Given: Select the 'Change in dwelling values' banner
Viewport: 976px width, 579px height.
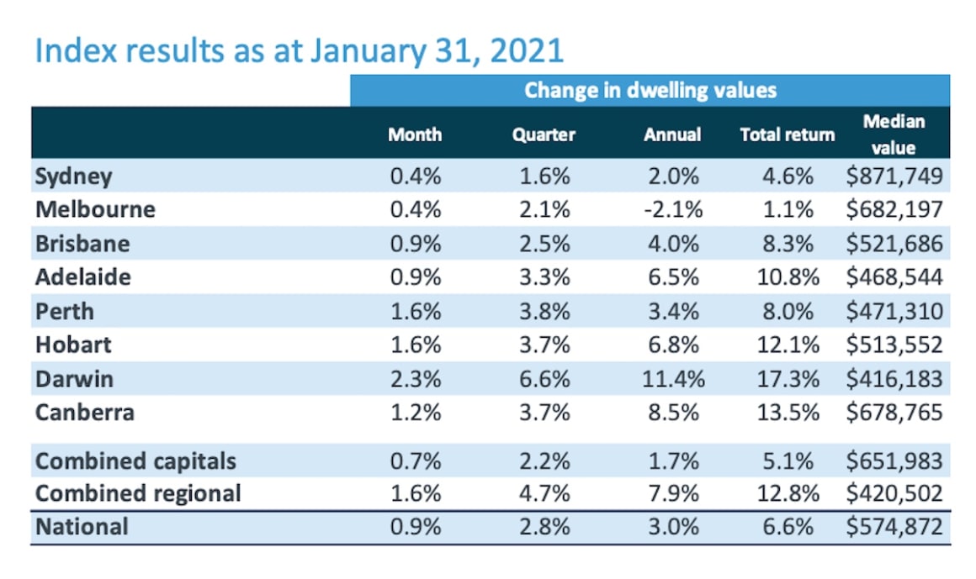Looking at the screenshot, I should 650,90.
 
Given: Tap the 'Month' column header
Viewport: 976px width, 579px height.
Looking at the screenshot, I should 415,134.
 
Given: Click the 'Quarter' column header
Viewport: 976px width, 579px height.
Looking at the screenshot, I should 544,134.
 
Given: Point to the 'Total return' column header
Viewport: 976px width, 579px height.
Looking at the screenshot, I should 787,134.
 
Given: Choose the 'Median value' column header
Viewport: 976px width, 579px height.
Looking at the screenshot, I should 894,134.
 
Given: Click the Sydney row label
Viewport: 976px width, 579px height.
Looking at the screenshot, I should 74,176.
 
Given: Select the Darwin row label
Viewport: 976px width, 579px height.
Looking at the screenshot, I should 74,379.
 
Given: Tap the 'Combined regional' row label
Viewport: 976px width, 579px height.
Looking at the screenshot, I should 138,493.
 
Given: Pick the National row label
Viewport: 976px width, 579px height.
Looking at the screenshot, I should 82,527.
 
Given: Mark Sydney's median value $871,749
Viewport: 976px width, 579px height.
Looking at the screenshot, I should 894,176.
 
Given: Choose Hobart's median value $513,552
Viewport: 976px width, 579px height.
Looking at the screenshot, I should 894,345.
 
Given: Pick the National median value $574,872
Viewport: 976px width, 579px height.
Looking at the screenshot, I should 894,527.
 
